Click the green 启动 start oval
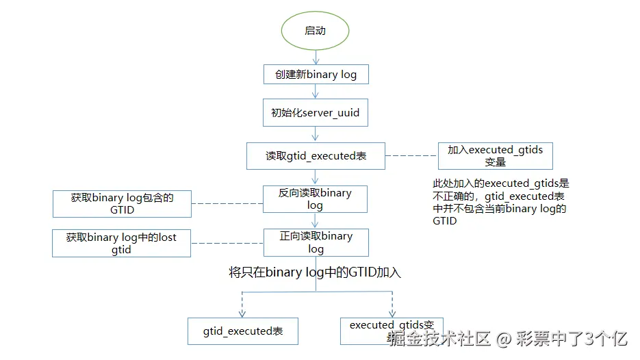[x=315, y=31]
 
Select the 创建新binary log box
[x=316, y=74]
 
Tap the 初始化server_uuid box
[x=316, y=113]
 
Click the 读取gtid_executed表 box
[x=316, y=156]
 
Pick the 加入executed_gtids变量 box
[x=495, y=156]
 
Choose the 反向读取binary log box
[x=316, y=199]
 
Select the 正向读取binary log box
[x=316, y=242]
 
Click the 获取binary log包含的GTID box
[x=122, y=204]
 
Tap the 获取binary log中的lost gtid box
[x=121, y=244]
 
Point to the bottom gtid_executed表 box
[x=243, y=331]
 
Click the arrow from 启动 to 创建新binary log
[x=315, y=57]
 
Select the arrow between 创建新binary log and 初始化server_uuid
[x=315, y=92]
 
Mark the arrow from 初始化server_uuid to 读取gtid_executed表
[x=315, y=135]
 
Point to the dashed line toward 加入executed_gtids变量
[x=411, y=156]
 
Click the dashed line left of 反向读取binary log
[x=227, y=203]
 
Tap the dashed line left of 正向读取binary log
[x=227, y=243]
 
